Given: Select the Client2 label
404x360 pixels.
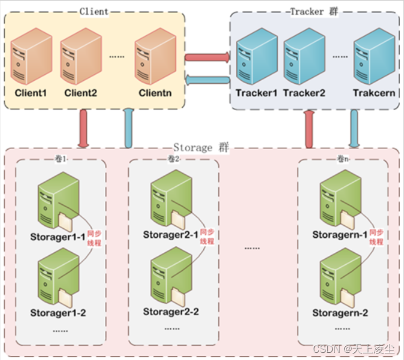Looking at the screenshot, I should [80, 93].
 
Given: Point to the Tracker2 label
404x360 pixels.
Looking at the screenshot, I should [304, 93].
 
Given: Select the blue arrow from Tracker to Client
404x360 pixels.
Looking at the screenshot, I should [207, 80].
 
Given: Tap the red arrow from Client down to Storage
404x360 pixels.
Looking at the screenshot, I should [83, 128].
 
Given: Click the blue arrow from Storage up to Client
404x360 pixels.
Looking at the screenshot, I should [128, 128].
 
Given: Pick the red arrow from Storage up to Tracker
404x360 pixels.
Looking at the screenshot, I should [309, 128].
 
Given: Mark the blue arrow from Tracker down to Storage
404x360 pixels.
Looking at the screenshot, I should [354, 128].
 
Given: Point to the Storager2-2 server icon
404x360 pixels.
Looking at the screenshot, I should [171, 278].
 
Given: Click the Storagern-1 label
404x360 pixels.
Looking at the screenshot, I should [339, 235].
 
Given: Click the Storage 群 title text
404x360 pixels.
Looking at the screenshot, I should [201, 147].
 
